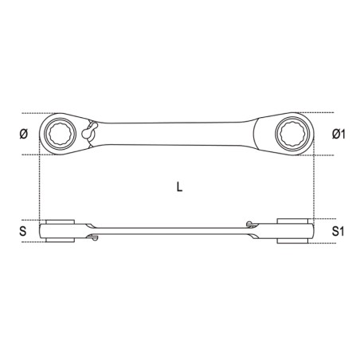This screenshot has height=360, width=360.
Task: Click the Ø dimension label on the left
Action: pyautogui.click(x=23, y=134)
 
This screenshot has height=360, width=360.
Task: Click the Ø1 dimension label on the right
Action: pyautogui.click(x=338, y=134)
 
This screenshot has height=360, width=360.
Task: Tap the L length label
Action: pyautogui.click(x=180, y=187)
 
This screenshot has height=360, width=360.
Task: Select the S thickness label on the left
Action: pyautogui.click(x=23, y=231)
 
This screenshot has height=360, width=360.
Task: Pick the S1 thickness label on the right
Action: pyautogui.click(x=338, y=231)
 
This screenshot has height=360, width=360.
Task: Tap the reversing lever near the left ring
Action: pyautogui.click(x=88, y=132)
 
